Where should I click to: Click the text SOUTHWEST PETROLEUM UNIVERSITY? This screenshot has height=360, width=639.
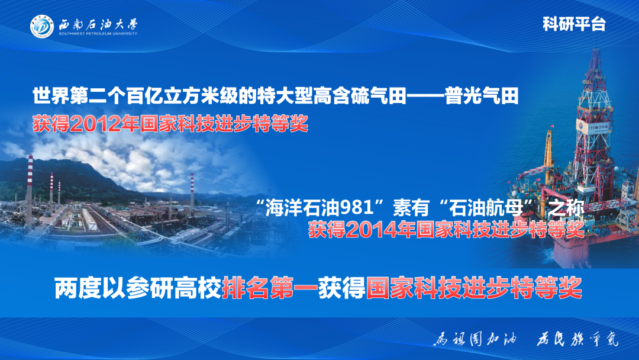tap(98, 34)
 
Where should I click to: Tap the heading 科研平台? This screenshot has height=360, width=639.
tap(573, 24)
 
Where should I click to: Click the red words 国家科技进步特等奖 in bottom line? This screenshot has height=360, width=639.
tap(473, 288)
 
